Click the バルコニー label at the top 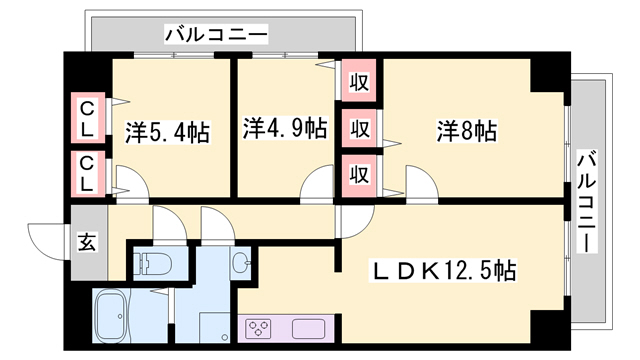pyautogui.click(x=216, y=36)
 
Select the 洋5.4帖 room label pyautogui.click(x=167, y=131)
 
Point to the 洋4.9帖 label pyautogui.click(x=285, y=128)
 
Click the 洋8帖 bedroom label pyautogui.click(x=467, y=130)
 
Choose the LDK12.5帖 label pyautogui.click(x=444, y=270)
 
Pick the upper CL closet pyautogui.click(x=88, y=118)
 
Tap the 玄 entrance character pyautogui.click(x=87, y=243)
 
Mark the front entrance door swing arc pyautogui.click(x=45, y=238)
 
